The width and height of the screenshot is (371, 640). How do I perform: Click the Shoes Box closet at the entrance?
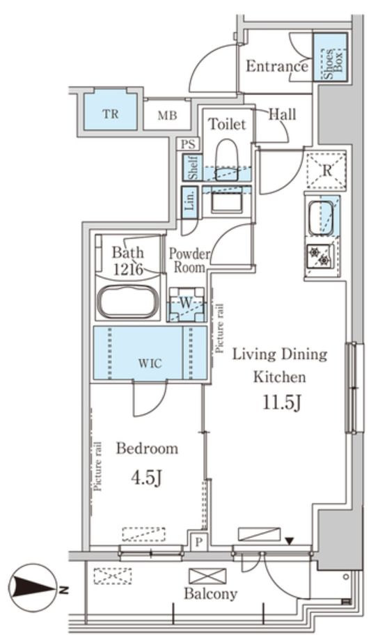pyautogui.click(x=330, y=57)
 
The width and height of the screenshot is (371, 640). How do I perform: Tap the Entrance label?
pyautogui.click(x=277, y=66)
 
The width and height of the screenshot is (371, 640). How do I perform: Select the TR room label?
pyautogui.click(x=110, y=114)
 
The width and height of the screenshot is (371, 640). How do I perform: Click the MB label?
pyautogui.click(x=167, y=116)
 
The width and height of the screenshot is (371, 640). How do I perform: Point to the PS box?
pyautogui.click(x=189, y=144)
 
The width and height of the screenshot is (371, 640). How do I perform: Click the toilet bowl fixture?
pyautogui.click(x=226, y=160)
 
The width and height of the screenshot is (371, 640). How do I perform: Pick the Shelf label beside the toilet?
pyautogui.click(x=191, y=167)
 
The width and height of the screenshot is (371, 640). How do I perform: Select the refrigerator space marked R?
pyautogui.click(x=326, y=170)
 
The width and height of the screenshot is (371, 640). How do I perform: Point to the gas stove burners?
pyautogui.click(x=319, y=256)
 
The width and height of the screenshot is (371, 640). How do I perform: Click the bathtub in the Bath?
pyautogui.click(x=127, y=302)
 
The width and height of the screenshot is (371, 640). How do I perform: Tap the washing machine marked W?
pyautogui.click(x=187, y=304)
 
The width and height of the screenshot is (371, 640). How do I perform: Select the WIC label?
pyautogui.click(x=150, y=363)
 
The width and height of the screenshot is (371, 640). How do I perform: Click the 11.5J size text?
pyautogui.click(x=281, y=403)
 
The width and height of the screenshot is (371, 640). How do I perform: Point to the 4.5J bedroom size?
pyautogui.click(x=147, y=477)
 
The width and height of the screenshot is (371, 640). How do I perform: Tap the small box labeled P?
pyautogui.click(x=199, y=542)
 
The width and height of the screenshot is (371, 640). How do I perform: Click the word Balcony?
pyautogui.click(x=210, y=593)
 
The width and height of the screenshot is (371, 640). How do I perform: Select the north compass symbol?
pyautogui.click(x=35, y=588)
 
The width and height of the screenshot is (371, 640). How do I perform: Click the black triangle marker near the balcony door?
pyautogui.click(x=290, y=542)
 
